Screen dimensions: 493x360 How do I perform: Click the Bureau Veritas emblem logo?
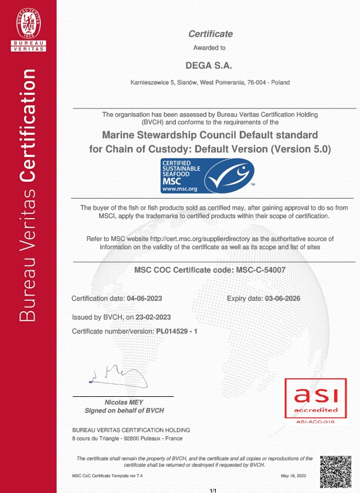point(28,29)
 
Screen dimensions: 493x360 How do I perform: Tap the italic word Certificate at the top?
point(210,34)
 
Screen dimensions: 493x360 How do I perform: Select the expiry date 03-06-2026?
point(283,298)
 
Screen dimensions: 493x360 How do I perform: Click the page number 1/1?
point(213,489)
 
